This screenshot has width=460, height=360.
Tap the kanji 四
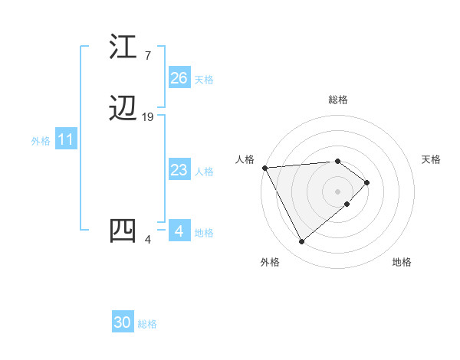coord(123,230)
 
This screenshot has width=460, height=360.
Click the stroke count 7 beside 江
coord(147,56)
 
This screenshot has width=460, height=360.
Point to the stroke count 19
coord(148,117)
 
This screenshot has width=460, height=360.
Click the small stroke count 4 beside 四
coord(147,240)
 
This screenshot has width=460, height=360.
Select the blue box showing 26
coord(179,78)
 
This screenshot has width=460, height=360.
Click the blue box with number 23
coord(179,171)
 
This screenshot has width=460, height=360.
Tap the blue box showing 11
coord(65,140)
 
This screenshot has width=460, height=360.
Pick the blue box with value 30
coord(123,323)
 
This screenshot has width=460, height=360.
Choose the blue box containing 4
coord(179,231)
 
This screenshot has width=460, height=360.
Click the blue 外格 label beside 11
coord(41,141)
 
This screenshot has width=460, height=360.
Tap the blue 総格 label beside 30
coord(147,324)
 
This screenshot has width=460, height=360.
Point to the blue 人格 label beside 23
coord(204,172)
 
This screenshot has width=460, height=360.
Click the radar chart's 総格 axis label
coord(338,100)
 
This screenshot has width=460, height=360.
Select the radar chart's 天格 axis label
coord(431,159)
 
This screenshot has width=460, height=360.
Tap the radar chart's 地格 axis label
coord(402,263)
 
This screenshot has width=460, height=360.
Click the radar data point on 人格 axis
coord(264,168)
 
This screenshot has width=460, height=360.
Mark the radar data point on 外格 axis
coord(301,242)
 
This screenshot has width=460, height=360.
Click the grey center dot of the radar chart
coord(338,191)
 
